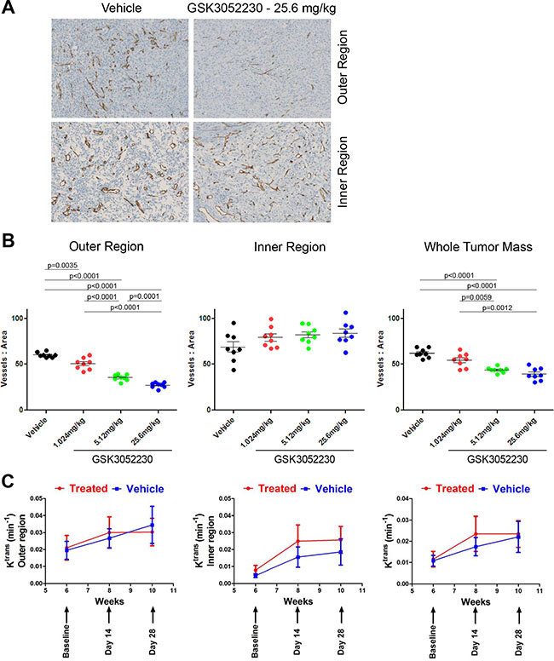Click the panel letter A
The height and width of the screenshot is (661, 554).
click(8, 8)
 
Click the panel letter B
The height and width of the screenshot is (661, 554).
click(8, 241)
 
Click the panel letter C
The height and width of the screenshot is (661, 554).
click(9, 481)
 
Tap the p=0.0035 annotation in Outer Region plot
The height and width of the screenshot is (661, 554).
click(62, 266)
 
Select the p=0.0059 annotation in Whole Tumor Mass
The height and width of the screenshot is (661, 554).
click(476, 297)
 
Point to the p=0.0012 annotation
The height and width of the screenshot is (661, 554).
click(497, 308)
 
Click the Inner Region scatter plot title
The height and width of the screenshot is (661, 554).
click(290, 247)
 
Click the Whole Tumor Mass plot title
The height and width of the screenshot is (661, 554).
click(478, 247)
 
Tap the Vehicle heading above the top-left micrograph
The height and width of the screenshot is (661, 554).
click(121, 8)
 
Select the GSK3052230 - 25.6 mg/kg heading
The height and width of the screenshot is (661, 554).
click(262, 9)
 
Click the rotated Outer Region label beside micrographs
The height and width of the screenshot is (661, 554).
click(343, 67)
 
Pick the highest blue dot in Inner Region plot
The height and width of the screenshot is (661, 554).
click(345, 313)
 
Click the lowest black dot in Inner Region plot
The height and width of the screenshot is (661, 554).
click(234, 370)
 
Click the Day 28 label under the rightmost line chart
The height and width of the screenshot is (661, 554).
click(518, 641)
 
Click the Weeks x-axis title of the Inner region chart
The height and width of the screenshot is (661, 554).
click(298, 601)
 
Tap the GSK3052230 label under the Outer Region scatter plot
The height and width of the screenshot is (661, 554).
click(123, 459)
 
